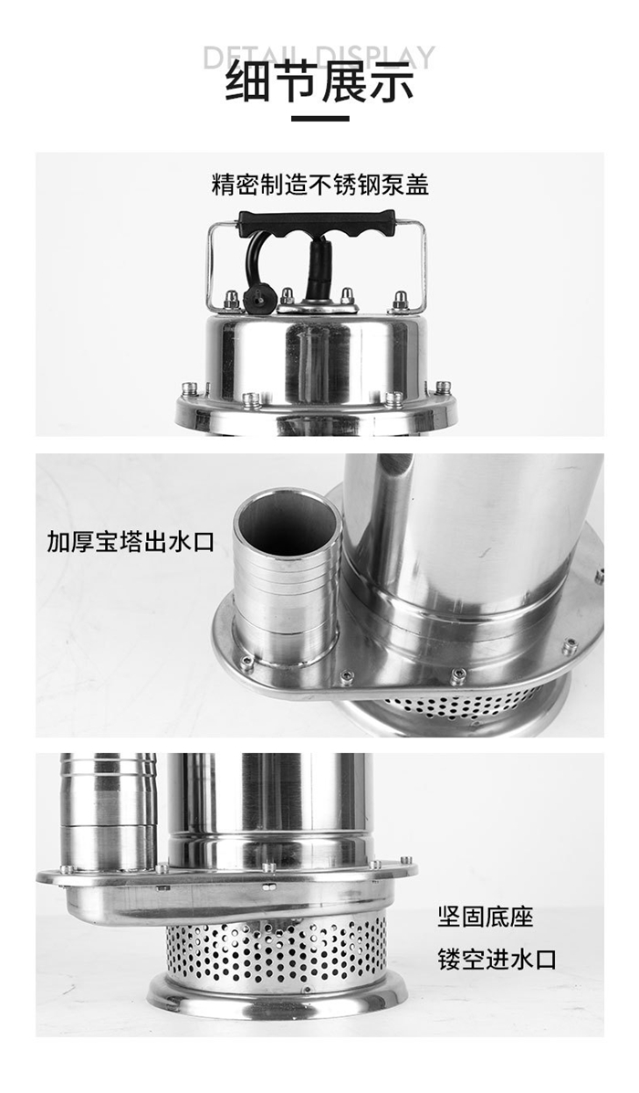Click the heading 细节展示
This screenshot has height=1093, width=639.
pyautogui.click(x=319, y=82)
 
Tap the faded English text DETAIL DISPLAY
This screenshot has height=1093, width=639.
pyautogui.click(x=319, y=58)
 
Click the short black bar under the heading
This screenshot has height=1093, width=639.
pyautogui.click(x=319, y=119)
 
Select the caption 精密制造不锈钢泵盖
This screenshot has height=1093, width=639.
pyautogui.click(x=319, y=185)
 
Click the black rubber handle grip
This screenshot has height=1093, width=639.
pyautogui.click(x=317, y=222)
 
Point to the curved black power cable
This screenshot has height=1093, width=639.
pyautogui.click(x=252, y=264)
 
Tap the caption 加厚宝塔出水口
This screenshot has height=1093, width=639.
pyautogui.click(x=131, y=542)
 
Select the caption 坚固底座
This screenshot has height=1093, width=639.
pyautogui.click(x=485, y=916)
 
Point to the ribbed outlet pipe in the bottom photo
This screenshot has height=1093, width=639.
pyautogui.click(x=108, y=812)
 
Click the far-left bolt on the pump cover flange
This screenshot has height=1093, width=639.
pyautogui.click(x=189, y=388)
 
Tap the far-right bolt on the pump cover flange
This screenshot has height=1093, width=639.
pyautogui.click(x=443, y=387)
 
